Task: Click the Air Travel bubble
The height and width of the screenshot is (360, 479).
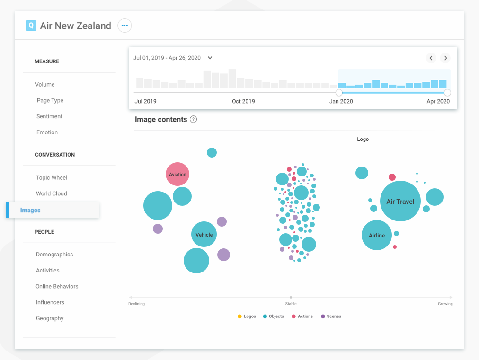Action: (400, 202)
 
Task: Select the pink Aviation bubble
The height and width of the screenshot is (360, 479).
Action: (177, 174)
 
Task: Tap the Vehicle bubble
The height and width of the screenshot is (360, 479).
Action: (204, 234)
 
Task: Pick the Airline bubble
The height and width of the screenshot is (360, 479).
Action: (377, 235)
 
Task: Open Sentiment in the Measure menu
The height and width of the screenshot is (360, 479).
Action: (49, 116)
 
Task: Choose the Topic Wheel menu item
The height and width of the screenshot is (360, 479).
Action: (52, 178)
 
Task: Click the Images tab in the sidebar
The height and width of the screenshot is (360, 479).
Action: (30, 210)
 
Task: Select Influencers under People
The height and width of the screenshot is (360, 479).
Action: (50, 302)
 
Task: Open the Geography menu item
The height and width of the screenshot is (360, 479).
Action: (50, 318)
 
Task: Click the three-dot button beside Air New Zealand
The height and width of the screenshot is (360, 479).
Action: (124, 26)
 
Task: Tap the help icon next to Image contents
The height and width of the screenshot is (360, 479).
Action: (193, 120)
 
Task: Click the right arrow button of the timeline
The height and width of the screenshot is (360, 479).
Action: (445, 58)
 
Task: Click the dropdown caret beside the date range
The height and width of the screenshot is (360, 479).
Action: (210, 58)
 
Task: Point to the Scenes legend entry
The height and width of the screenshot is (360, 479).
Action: (331, 316)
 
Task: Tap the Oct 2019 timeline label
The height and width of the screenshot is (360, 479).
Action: (243, 101)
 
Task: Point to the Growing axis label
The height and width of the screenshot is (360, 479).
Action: (445, 304)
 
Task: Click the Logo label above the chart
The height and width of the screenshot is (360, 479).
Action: (363, 140)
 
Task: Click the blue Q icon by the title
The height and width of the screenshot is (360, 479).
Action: (31, 26)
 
